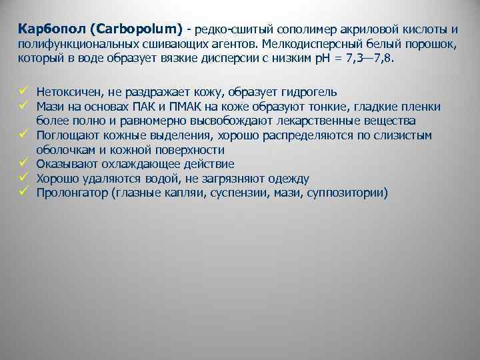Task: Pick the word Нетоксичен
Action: pos(69,92)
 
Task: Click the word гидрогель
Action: pos(309,92)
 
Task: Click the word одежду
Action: pos(288,178)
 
